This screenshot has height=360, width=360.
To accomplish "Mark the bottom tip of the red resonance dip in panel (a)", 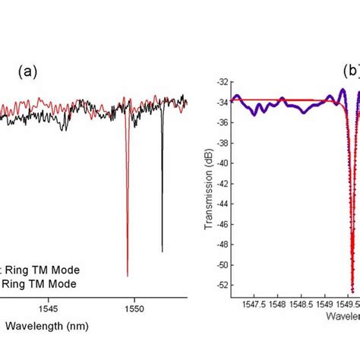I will [x=127, y=276].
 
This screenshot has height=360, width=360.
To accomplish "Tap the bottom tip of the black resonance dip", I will [x=162, y=251].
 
